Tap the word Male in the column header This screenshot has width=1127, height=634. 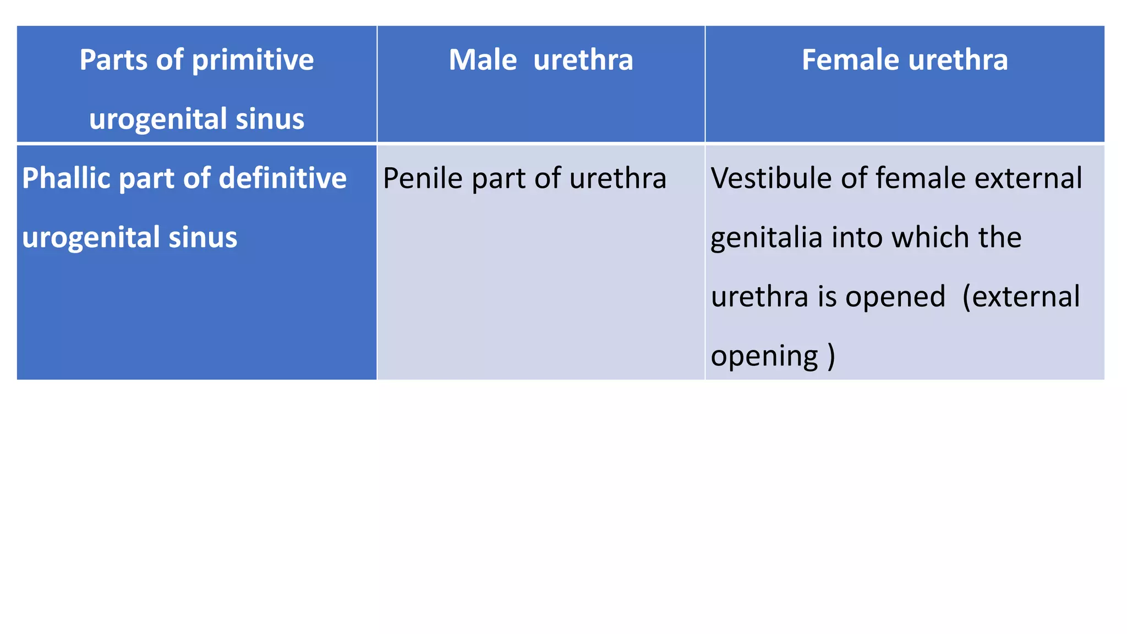point(483,59)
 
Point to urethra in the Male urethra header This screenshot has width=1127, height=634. point(583,59)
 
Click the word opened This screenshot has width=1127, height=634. point(895,297)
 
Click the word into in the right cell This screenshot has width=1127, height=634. point(857,237)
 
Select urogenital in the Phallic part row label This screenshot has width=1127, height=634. point(91,238)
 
